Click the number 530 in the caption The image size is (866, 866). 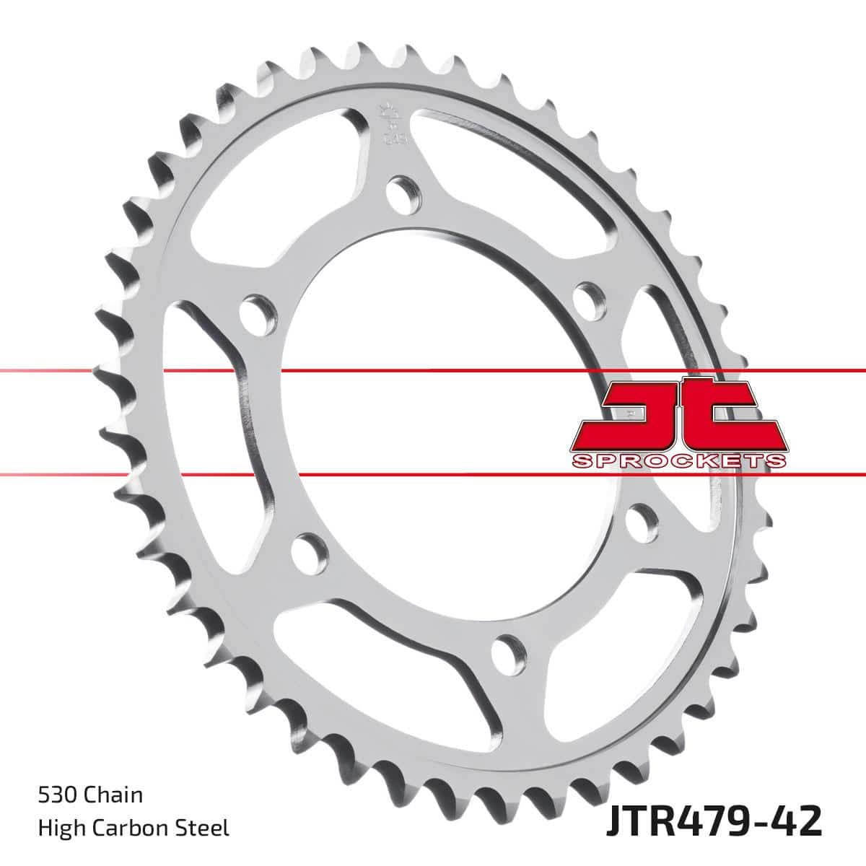coord(54,796)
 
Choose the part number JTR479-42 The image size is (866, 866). coord(710,823)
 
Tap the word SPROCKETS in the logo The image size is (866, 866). coord(678,460)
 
